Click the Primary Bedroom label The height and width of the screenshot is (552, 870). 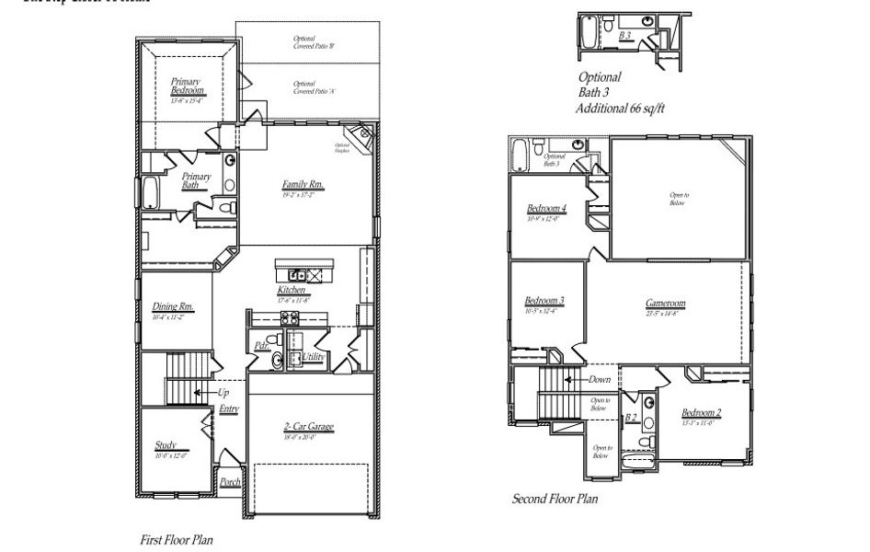(x=186, y=86)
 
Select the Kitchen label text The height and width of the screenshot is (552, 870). (x=292, y=290)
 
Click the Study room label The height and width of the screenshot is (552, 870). (x=166, y=446)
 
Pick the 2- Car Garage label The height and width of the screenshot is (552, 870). (x=308, y=427)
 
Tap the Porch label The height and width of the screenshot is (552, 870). (x=230, y=481)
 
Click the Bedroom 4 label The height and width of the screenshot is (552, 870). (x=546, y=209)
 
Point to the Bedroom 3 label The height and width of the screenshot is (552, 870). (x=544, y=301)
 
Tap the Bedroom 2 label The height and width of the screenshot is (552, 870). (x=701, y=413)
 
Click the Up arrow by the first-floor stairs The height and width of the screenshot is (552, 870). (x=223, y=392)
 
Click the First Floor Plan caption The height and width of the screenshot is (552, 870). (x=176, y=540)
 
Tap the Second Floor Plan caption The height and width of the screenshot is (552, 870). (x=555, y=499)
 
